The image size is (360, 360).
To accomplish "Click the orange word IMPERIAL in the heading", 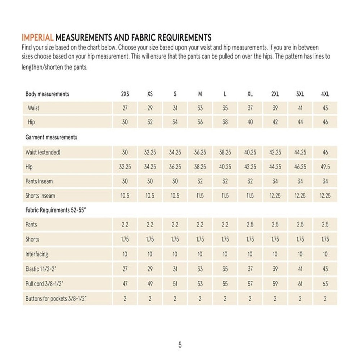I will (38, 37).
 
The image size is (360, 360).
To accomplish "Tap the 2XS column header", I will (125, 94).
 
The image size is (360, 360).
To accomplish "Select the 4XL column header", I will (325, 94).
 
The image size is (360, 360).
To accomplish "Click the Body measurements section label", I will (47, 94).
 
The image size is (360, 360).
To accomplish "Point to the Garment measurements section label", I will (51, 137).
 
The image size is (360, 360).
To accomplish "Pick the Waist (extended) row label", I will (43, 152).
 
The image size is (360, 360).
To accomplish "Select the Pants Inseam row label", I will (39, 181).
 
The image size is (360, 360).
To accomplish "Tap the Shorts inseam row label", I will (40, 196).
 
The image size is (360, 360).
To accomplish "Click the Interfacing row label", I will (36, 254).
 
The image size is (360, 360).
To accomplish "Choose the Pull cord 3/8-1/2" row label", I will (45, 283).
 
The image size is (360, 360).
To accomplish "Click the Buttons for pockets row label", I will (57, 298).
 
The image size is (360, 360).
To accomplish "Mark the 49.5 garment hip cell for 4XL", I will (325, 167).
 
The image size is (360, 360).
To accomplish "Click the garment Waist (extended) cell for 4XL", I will (325, 152).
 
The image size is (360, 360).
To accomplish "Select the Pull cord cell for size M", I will (200, 284).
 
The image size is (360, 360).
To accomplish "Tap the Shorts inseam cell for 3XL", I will (300, 196).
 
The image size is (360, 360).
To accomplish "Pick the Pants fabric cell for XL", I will (250, 225).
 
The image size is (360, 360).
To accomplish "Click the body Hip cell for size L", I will (225, 122).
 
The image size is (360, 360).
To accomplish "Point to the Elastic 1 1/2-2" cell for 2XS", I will (125, 269).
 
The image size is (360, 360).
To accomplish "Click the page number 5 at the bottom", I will (180, 345).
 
